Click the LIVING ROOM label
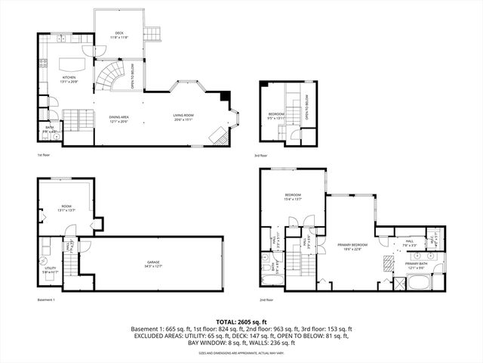click(x=184, y=117)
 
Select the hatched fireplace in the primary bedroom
click(x=386, y=260)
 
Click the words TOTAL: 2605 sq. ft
click(x=241, y=321)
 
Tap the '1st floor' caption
click(x=43, y=155)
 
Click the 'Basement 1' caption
click(x=46, y=299)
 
